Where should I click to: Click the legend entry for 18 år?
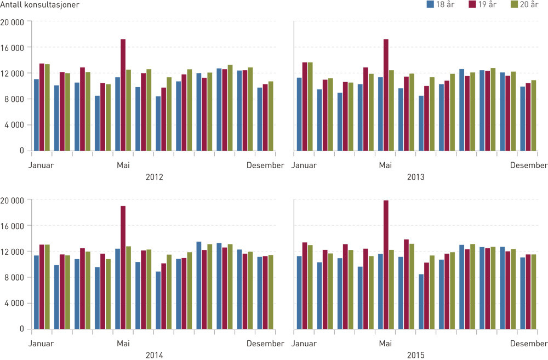point(442,5)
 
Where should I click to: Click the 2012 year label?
point(154,177)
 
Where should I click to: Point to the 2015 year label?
point(416,355)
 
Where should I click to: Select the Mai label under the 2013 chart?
point(386,165)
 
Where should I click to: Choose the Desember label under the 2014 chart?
point(265,344)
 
